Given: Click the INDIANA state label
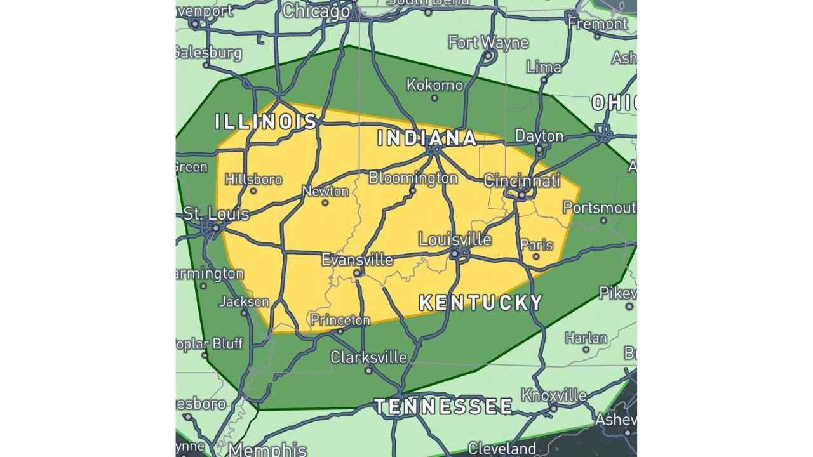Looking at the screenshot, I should click(x=426, y=138).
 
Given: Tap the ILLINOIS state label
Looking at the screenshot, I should click(x=265, y=121).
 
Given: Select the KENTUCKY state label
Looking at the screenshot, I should click(x=481, y=302).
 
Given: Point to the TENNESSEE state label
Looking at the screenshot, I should click(x=443, y=406).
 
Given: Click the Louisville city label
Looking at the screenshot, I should click(x=455, y=239).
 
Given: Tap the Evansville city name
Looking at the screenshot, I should click(x=357, y=260).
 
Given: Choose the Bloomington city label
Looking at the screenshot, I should click(x=413, y=178).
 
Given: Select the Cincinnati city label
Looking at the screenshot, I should click(x=521, y=180).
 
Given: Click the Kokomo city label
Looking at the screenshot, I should click(x=434, y=85).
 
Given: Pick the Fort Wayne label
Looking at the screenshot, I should click(x=488, y=43).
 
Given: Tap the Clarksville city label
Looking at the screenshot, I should click(x=368, y=357).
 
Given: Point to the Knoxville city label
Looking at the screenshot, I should click(x=553, y=395).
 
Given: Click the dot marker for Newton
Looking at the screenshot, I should click(x=325, y=203).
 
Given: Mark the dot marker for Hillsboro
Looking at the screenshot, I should click(x=253, y=190).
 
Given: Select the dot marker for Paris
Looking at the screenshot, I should click(x=536, y=256).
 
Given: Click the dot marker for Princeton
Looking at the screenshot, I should click(x=340, y=331).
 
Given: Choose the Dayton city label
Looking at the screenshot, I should click(x=539, y=136).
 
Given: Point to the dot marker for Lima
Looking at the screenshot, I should click(x=544, y=80).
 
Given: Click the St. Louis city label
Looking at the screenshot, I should click(x=216, y=214).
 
